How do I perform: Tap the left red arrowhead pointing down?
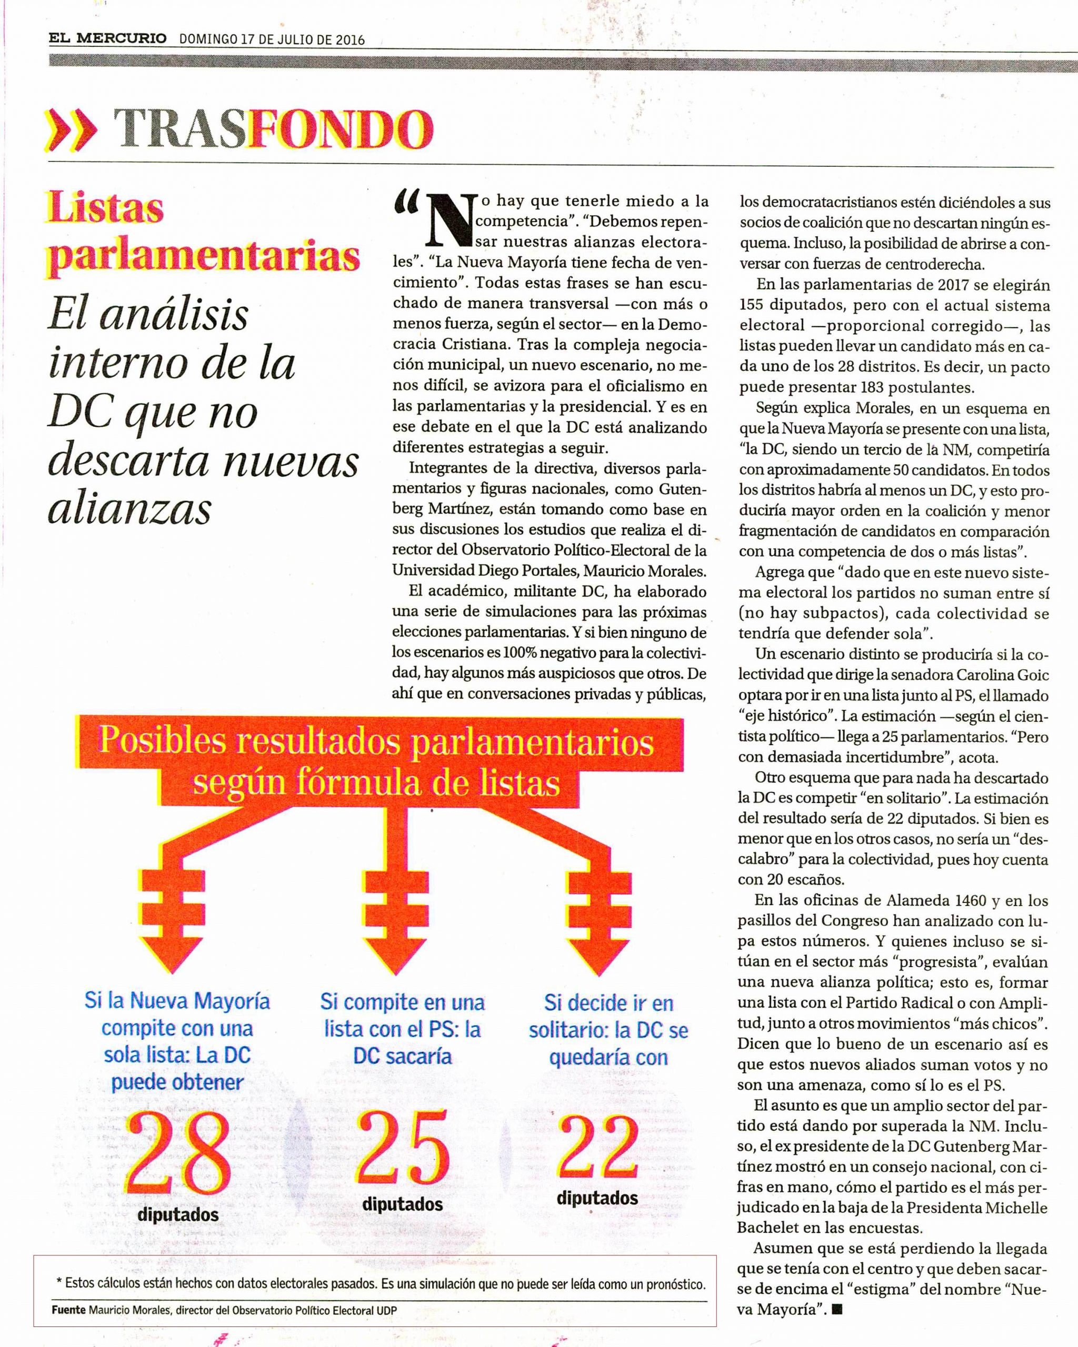169,954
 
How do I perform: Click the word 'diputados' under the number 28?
178,1214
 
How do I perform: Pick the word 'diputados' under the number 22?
597,1198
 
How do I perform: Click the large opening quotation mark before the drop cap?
407,203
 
